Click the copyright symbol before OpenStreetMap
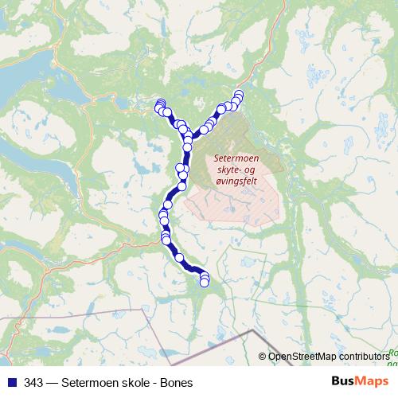[x=263, y=357]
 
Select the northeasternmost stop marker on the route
[x=238, y=96]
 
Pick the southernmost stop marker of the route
[x=205, y=282]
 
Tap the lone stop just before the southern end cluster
[x=180, y=257]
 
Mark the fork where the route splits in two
[x=188, y=135]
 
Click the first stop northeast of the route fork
[x=204, y=127]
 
